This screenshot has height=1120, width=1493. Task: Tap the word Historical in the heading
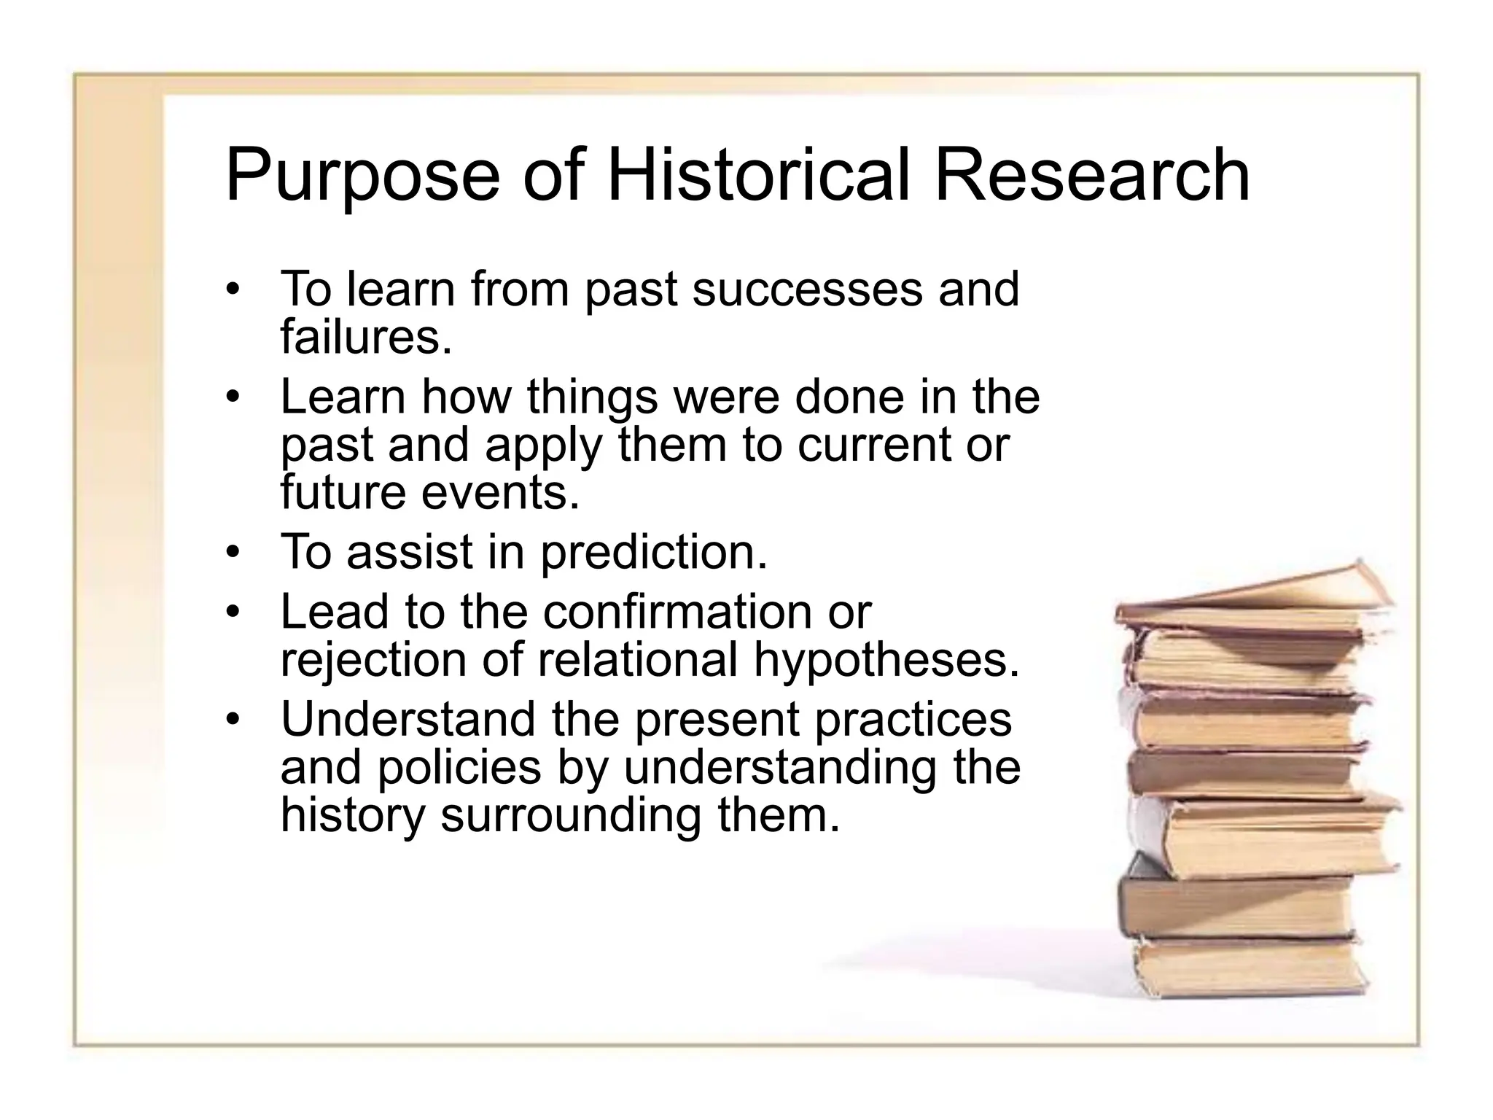[x=758, y=175]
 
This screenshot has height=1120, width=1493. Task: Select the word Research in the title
[x=1091, y=175]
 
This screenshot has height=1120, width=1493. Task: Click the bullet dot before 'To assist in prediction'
[x=232, y=552]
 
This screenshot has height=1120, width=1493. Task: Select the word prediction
[x=654, y=553]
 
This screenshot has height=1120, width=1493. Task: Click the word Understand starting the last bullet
[x=408, y=719]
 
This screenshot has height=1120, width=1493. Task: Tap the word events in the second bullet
[x=501, y=493]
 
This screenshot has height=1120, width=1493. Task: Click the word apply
[x=543, y=445]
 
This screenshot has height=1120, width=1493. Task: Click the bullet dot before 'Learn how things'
[x=232, y=397]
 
